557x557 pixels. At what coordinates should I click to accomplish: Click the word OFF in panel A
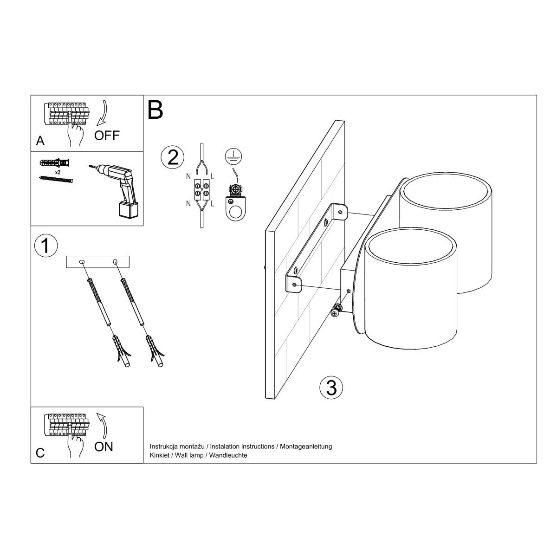(107, 135)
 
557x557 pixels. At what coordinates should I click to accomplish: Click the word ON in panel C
(103, 447)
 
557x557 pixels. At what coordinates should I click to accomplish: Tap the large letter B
(155, 110)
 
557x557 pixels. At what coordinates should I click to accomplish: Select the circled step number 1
(45, 246)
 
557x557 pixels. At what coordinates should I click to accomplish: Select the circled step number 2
(172, 157)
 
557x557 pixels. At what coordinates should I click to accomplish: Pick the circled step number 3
(331, 387)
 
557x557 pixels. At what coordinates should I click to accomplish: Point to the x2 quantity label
(58, 172)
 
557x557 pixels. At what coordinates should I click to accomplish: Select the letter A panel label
(40, 141)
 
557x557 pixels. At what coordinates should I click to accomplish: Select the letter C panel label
(40, 453)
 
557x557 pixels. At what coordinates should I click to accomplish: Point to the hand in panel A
(74, 132)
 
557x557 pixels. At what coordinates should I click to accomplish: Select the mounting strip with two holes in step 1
(97, 262)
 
